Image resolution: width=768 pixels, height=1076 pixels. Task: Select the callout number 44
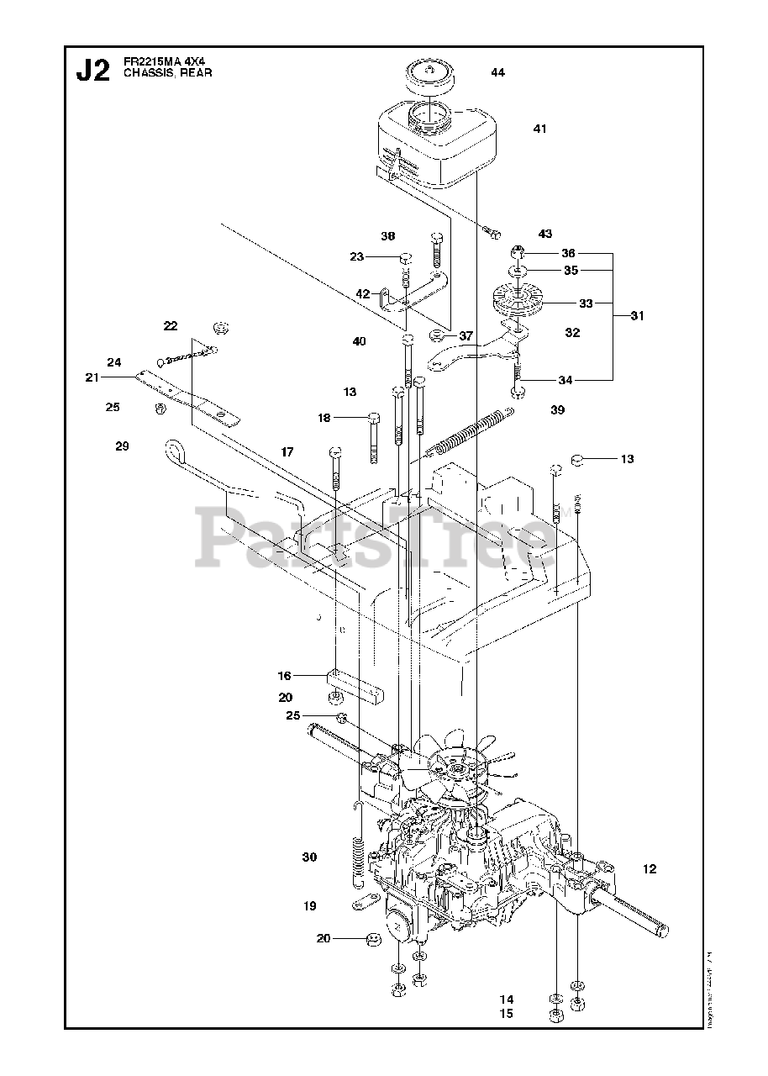(497, 73)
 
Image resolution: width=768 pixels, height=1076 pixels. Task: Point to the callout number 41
(539, 129)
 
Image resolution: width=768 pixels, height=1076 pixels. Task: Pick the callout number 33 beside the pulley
(586, 303)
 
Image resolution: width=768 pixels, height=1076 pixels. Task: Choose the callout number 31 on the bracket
(638, 316)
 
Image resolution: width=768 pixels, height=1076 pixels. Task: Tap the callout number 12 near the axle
(649, 869)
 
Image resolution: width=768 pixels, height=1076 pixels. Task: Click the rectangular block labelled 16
(354, 685)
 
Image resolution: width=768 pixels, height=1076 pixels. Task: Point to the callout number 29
(122, 446)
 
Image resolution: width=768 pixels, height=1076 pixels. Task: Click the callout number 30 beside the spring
(310, 857)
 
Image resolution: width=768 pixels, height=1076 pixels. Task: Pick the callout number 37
(466, 335)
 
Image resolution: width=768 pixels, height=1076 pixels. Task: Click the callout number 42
(362, 294)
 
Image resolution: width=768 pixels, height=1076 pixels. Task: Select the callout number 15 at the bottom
(506, 1014)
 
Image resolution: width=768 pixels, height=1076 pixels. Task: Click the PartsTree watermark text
(378, 534)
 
